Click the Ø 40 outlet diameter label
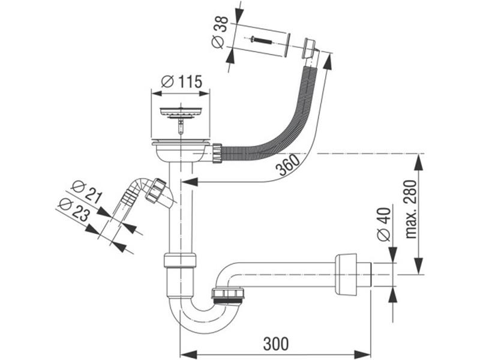click(x=385, y=224)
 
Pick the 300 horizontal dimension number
click(x=275, y=344)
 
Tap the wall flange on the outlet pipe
click(x=346, y=274)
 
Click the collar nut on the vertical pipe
click(x=179, y=261)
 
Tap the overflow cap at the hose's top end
click(x=310, y=47)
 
